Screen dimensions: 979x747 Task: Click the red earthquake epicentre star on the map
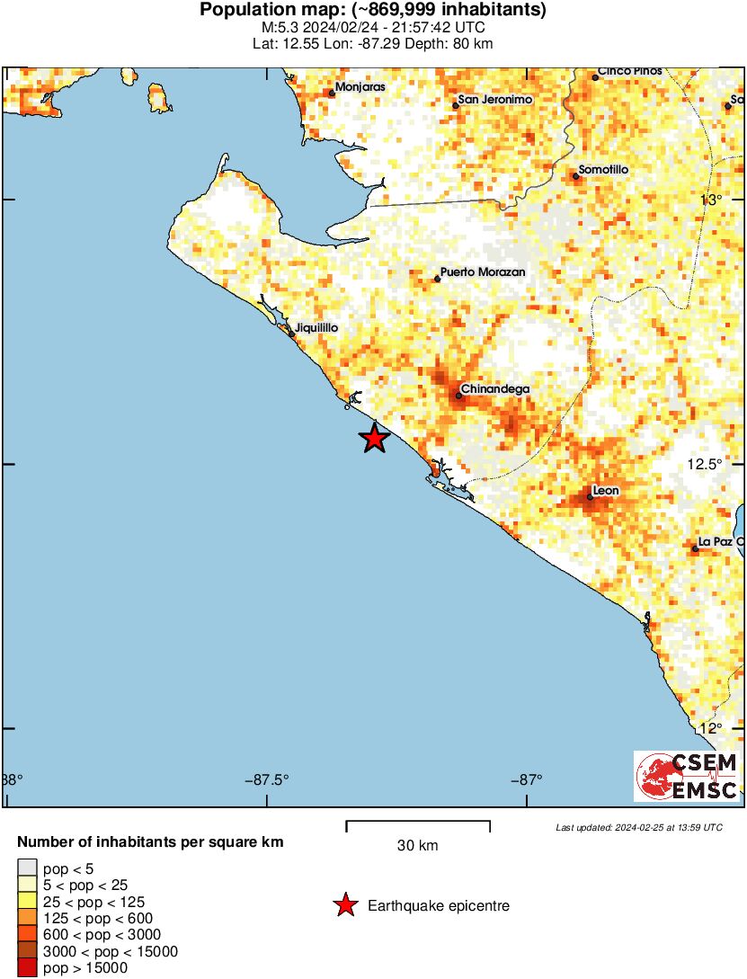(374, 439)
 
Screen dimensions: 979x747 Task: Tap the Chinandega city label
(494, 389)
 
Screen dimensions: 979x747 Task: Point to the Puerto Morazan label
(483, 272)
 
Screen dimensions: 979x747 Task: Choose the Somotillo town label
(603, 170)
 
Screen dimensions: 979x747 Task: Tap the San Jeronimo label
(495, 100)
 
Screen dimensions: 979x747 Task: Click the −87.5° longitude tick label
(266, 779)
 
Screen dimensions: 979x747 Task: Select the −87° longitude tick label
(529, 779)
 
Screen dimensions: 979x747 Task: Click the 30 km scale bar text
(418, 845)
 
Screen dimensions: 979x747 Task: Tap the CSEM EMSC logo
(688, 777)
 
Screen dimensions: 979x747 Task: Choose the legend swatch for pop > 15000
(28, 967)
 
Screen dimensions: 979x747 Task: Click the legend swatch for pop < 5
(28, 868)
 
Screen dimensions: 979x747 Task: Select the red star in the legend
(344, 905)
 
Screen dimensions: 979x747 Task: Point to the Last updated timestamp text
(638, 827)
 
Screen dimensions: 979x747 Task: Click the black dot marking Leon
(590, 496)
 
